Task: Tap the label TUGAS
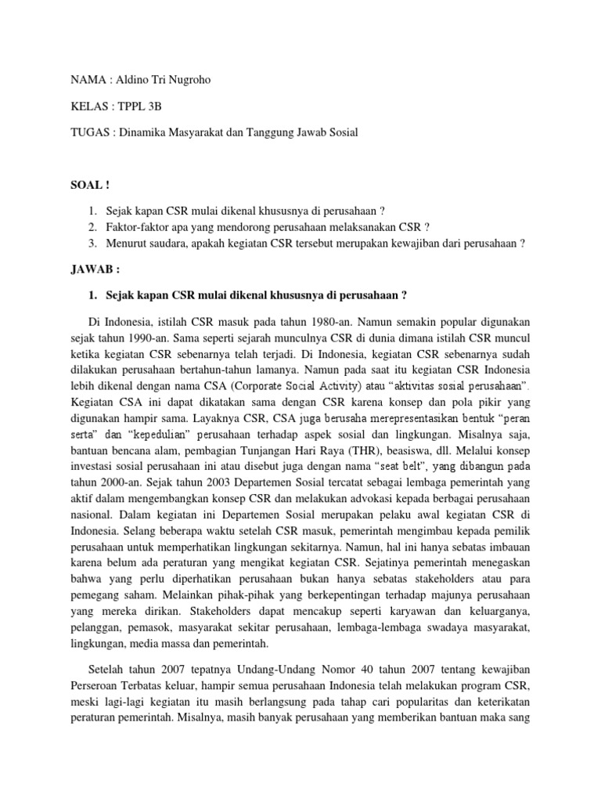[x=87, y=132]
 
